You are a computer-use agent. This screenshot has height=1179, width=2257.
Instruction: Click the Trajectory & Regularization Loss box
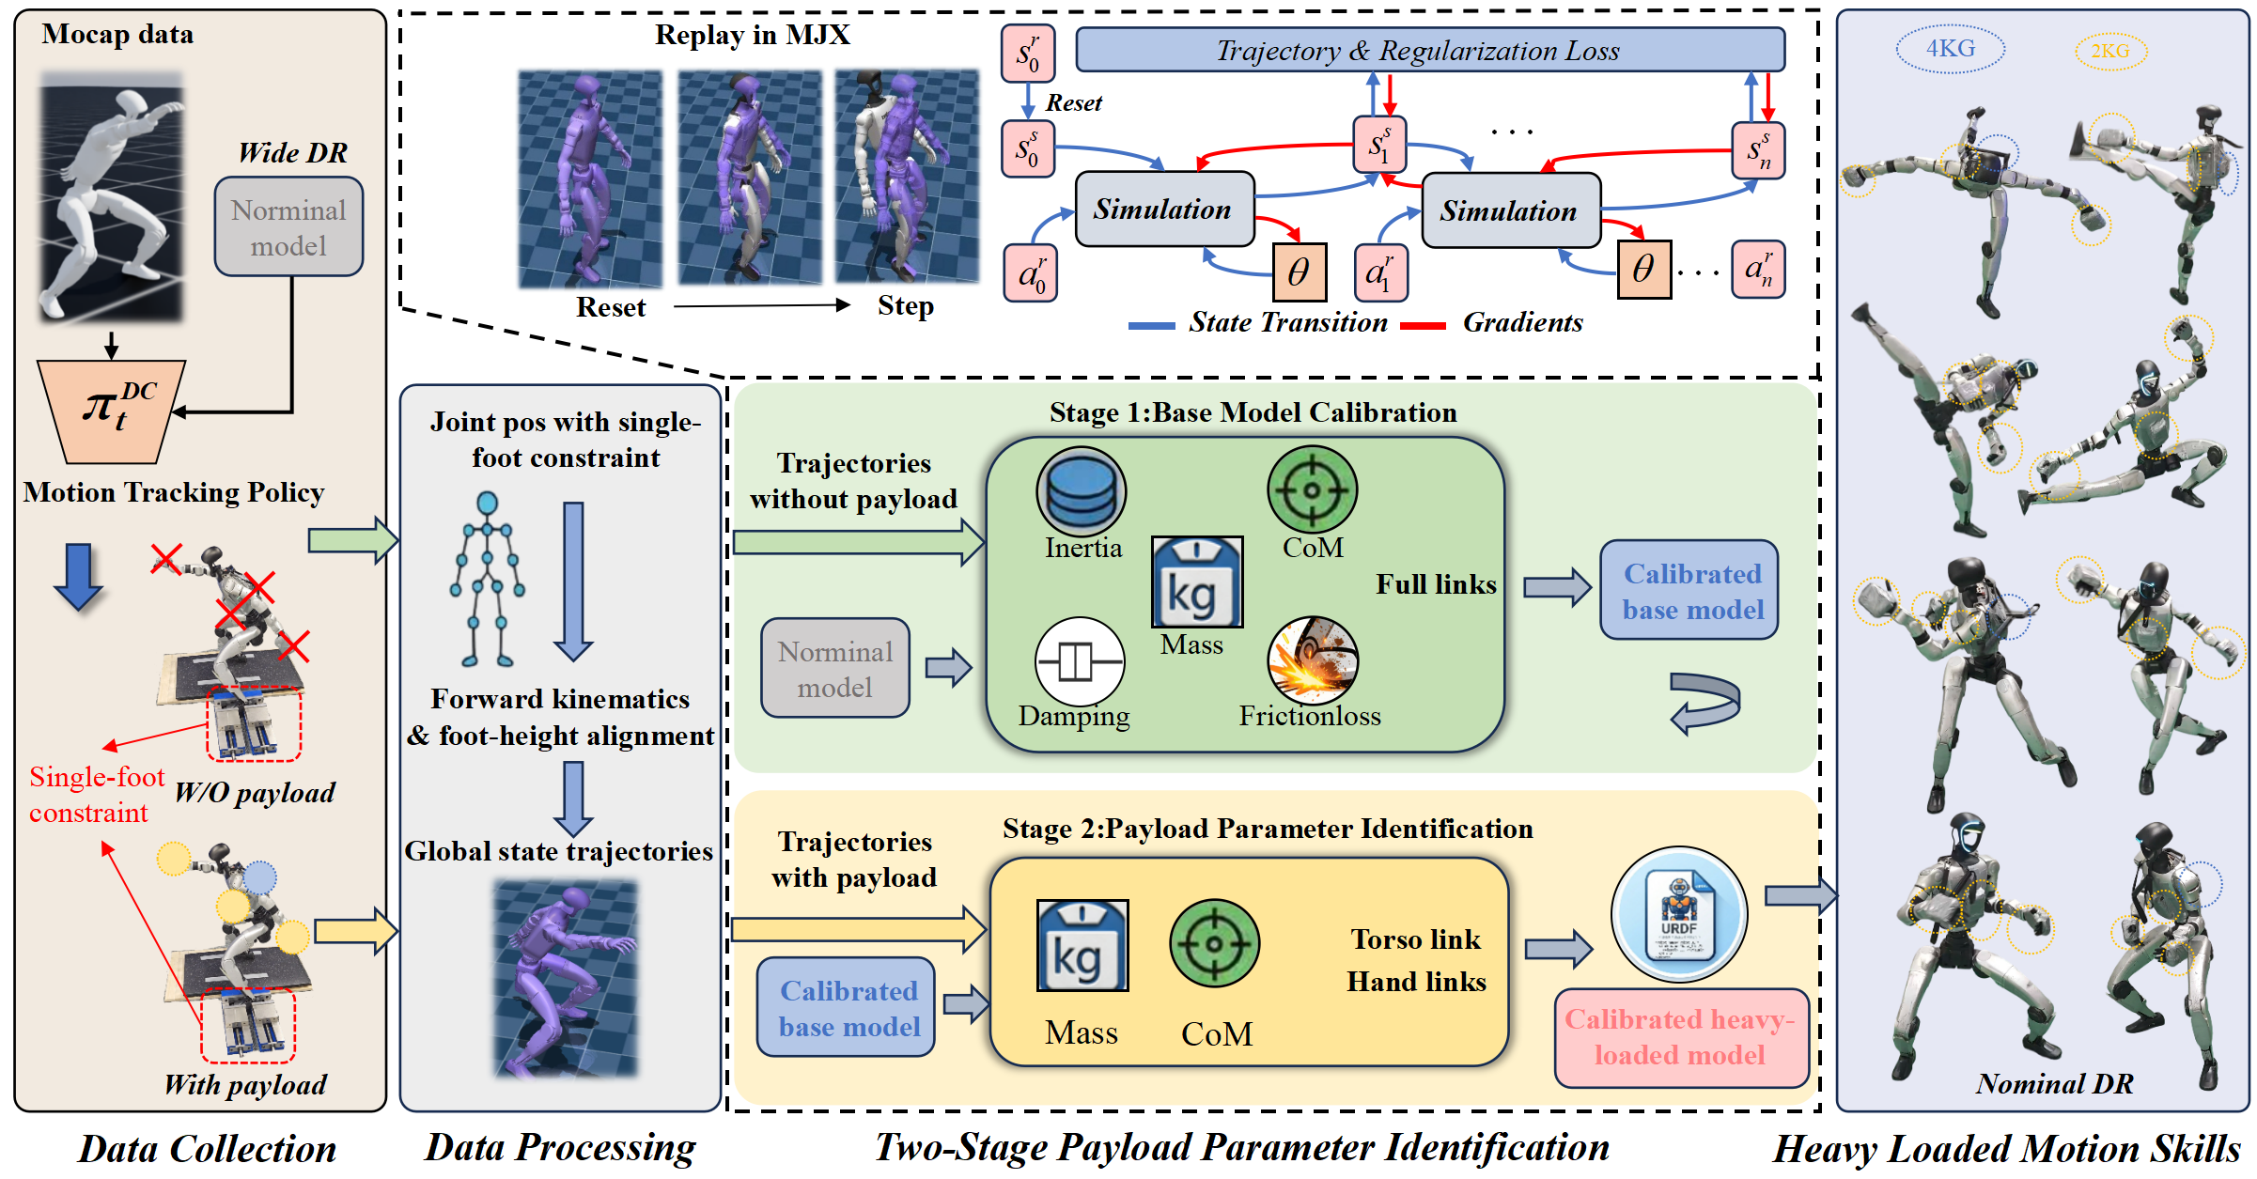(1429, 50)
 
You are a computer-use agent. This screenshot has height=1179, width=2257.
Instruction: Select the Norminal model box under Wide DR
(288, 227)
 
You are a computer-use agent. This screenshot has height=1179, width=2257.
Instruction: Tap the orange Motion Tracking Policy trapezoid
(112, 411)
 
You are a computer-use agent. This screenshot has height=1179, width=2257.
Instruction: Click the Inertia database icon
(1082, 491)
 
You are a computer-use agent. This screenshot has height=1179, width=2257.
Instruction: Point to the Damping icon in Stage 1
(1079, 661)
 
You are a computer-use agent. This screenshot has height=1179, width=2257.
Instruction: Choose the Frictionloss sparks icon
(1312, 660)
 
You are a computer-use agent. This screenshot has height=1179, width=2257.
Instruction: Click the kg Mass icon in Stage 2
(1082, 946)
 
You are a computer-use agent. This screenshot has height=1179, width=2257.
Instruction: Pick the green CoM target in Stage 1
(1312, 489)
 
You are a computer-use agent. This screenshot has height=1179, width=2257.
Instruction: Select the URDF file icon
(1679, 915)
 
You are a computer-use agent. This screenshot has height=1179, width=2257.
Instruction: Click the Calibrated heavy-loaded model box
(1681, 1037)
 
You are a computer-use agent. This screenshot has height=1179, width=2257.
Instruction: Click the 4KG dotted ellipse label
(1950, 49)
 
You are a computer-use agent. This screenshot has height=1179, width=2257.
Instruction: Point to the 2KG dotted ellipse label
(2110, 51)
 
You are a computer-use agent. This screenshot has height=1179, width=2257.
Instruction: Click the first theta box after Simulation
(1300, 272)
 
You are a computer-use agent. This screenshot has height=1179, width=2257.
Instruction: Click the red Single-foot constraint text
(95, 795)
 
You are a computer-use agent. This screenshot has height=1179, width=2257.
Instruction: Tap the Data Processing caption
(560, 1147)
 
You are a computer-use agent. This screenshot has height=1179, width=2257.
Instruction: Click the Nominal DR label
(2054, 1083)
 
